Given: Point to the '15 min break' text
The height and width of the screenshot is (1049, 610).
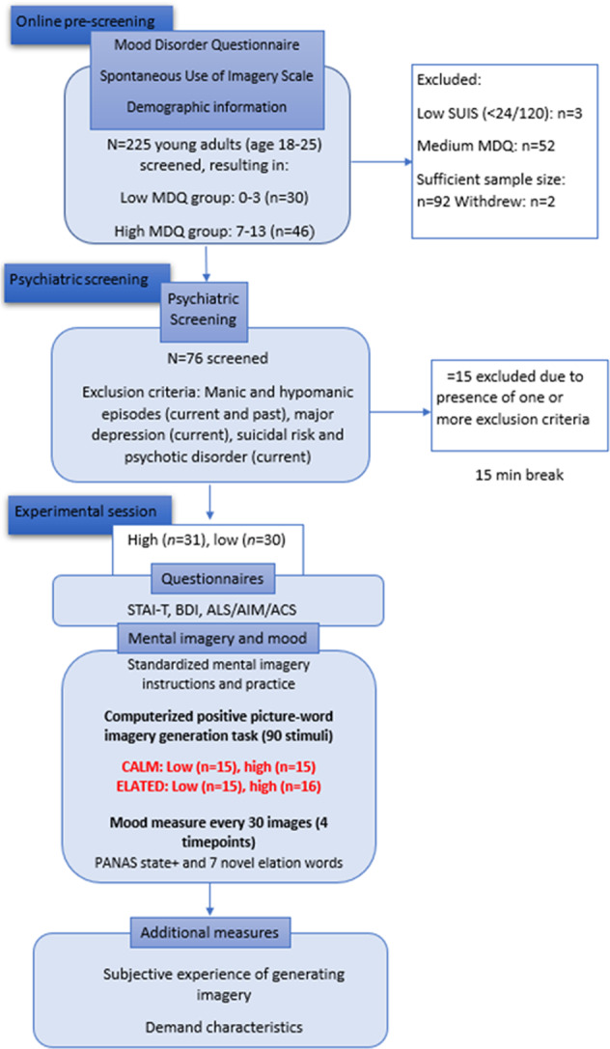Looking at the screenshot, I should coord(497,475).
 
